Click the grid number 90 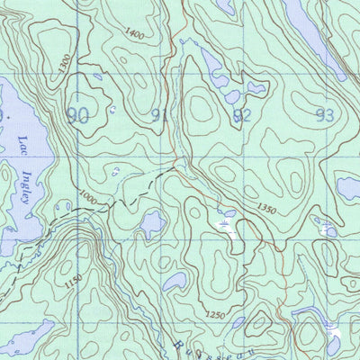[x=78, y=114]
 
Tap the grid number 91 [x=159, y=114]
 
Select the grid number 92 [x=241, y=114]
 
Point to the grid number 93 [x=324, y=114]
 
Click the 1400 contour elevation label [x=134, y=34]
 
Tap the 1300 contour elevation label [x=61, y=65]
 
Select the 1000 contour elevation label [x=86, y=194]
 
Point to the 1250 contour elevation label [x=212, y=315]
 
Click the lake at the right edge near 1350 [x=349, y=187]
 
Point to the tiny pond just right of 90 [x=111, y=110]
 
